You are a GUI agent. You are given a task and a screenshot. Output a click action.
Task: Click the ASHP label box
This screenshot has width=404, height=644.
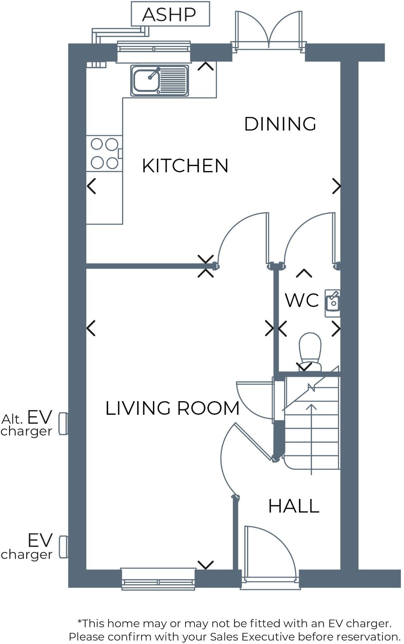tap(170, 14)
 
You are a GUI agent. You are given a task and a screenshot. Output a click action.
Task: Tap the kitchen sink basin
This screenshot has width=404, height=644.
tap(146, 80)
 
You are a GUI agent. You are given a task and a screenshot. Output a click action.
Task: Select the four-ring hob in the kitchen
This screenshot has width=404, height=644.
tap(104, 153)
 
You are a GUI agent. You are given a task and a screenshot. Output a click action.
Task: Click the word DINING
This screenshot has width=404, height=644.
tap(280, 124)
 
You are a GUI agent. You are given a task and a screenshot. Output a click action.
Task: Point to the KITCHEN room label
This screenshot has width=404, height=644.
tap(185, 166)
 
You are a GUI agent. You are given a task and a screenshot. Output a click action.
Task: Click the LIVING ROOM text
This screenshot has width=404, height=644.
tap(172, 408)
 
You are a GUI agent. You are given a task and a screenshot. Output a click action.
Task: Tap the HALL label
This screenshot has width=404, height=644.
tap(293, 506)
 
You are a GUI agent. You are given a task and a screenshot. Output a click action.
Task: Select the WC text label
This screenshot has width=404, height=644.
tap(302, 300)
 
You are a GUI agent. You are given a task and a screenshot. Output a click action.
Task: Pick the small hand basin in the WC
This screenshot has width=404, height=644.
tap(332, 303)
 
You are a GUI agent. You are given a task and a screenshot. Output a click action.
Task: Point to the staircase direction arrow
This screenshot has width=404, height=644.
tap(311, 437)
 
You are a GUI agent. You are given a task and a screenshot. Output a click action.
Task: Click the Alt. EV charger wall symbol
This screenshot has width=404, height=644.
tap(63, 424)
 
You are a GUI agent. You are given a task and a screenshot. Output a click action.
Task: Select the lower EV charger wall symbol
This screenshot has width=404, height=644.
tap(63, 547)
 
